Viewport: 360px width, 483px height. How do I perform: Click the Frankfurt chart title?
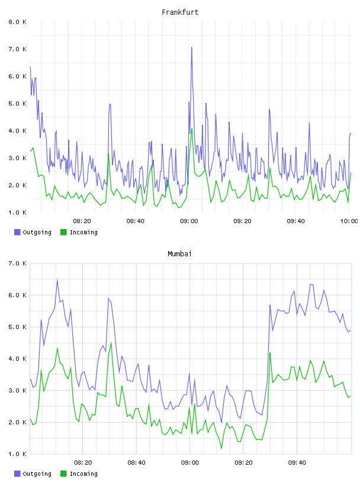[180, 12]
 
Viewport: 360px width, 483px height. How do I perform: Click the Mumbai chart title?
[179, 254]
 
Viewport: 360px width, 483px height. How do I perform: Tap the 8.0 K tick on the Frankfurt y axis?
[18, 22]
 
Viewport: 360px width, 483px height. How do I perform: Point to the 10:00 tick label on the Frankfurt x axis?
[349, 221]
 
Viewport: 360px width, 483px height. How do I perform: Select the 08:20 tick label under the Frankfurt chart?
[82, 221]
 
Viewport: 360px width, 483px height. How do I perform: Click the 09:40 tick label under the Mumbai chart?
[297, 463]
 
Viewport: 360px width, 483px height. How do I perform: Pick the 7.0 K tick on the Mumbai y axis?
[18, 263]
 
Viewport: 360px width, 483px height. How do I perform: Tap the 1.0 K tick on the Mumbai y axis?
[18, 454]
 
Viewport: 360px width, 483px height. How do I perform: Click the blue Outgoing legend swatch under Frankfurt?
[17, 232]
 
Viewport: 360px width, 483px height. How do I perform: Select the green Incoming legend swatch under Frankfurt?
[63, 232]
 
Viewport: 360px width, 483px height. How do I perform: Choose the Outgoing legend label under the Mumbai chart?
[37, 474]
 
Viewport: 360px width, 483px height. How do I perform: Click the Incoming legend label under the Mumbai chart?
[83, 474]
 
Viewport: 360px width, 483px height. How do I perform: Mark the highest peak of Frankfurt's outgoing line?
[192, 47]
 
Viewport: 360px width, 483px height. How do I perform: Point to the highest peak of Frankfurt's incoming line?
[192, 129]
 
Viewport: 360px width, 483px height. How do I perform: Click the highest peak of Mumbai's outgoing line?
[57, 280]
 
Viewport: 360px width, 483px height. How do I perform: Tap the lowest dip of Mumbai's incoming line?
[221, 448]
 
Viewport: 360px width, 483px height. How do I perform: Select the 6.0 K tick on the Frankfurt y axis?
[18, 76]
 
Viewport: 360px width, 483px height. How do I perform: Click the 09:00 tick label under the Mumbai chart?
[190, 463]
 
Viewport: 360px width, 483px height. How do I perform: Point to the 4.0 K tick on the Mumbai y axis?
[18, 359]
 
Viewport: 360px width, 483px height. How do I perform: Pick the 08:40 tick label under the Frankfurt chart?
[136, 221]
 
